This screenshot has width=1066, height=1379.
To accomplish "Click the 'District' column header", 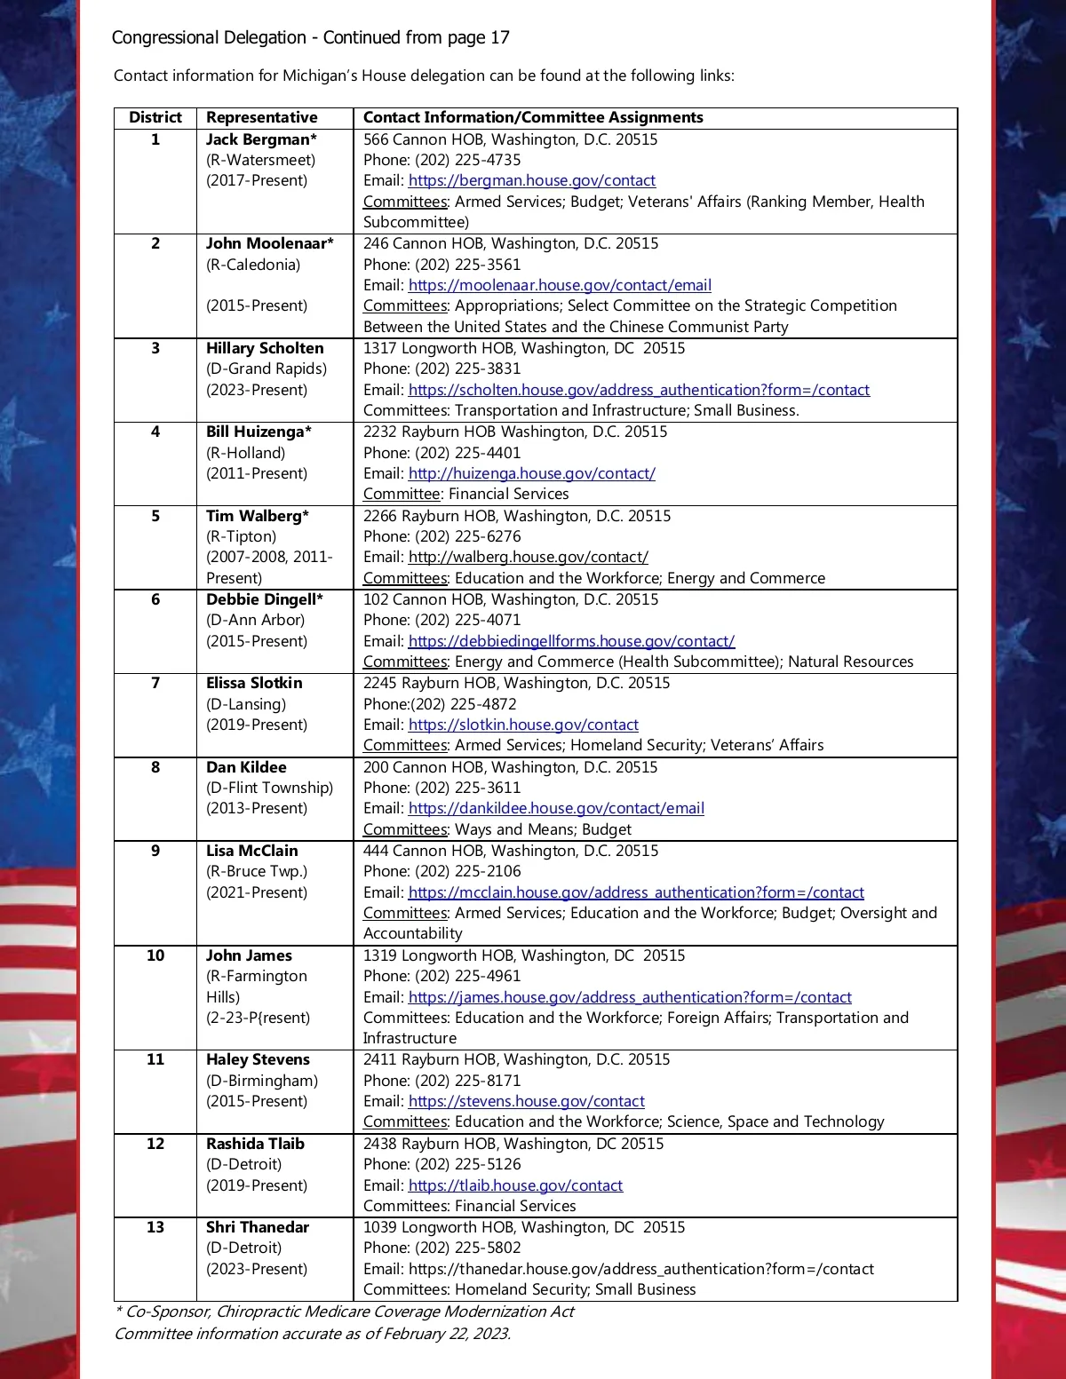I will pyautogui.click(x=155, y=117).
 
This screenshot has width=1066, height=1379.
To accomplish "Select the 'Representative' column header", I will pyautogui.click(x=261, y=117).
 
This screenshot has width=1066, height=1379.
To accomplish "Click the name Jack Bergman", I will pyautogui.click(x=258, y=139).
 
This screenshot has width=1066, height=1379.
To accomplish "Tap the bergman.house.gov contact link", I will pyautogui.click(x=531, y=180).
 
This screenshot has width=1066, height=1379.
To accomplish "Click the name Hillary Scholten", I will pyautogui.click(x=265, y=348).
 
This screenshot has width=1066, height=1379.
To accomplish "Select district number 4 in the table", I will pyautogui.click(x=155, y=432).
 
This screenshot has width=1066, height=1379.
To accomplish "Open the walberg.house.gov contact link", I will pyautogui.click(x=528, y=557).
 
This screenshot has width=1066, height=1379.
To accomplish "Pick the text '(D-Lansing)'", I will pyautogui.click(x=246, y=704).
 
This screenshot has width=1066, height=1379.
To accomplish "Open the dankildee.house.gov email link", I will pyautogui.click(x=556, y=808).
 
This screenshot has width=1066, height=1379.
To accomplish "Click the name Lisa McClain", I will pyautogui.click(x=252, y=851).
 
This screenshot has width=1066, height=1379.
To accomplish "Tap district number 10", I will pyautogui.click(x=155, y=955).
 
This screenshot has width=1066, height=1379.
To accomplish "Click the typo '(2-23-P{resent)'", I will pyautogui.click(x=258, y=1018).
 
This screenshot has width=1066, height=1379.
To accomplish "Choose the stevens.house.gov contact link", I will pyautogui.click(x=526, y=1101).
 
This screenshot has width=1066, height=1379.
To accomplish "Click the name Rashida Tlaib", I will pyautogui.click(x=255, y=1144).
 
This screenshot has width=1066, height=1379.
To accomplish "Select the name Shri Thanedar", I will pyautogui.click(x=258, y=1227).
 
